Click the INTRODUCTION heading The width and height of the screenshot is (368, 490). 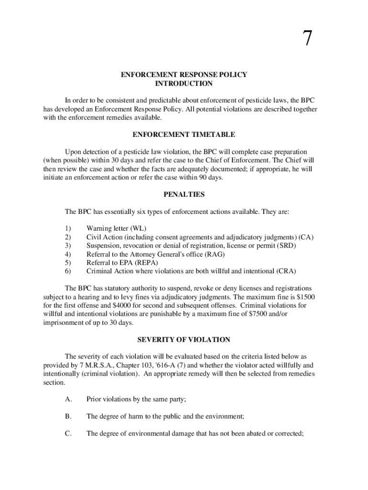point(184,84)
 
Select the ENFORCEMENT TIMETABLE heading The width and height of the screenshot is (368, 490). point(184,135)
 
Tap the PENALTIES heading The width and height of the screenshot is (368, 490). point(184,195)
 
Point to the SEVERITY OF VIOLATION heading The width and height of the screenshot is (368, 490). point(184,340)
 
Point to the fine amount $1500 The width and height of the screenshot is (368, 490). point(305,297)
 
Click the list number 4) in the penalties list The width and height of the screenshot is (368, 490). point(67,254)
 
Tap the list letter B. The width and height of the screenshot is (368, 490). point(68,417)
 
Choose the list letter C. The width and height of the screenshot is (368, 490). point(68,434)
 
